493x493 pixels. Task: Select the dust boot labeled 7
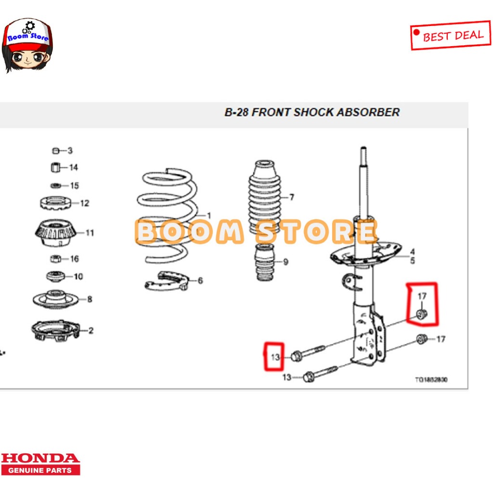coord(264,196)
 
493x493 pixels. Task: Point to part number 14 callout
coord(73,168)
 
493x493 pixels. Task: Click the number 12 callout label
coord(84,203)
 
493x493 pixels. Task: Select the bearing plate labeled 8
coord(56,299)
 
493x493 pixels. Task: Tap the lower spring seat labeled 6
coord(166,280)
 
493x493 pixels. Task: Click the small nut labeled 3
coord(55,151)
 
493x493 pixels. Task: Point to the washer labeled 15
coord(56,185)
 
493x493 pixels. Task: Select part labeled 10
coord(56,276)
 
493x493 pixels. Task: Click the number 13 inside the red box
coord(275,357)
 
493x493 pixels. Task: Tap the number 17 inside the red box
coord(422,296)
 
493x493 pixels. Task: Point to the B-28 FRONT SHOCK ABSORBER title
coord(312,112)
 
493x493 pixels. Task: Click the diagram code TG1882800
coord(431,379)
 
